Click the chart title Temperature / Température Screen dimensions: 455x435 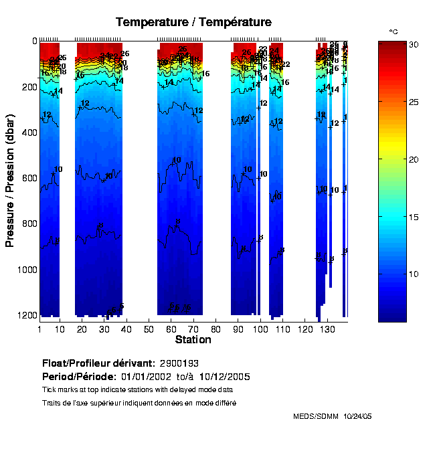193,22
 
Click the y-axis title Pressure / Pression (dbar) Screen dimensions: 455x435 10,179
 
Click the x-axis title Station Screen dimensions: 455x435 193,340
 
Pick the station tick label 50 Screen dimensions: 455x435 149,330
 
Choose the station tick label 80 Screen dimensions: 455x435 215,330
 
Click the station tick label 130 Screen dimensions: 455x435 327,330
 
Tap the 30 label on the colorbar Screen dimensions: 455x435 414,45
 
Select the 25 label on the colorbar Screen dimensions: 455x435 414,102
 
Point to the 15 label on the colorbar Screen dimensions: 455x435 414,217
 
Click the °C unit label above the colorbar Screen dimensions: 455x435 394,31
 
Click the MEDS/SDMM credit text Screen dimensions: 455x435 315,416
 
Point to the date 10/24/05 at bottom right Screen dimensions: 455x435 357,416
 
